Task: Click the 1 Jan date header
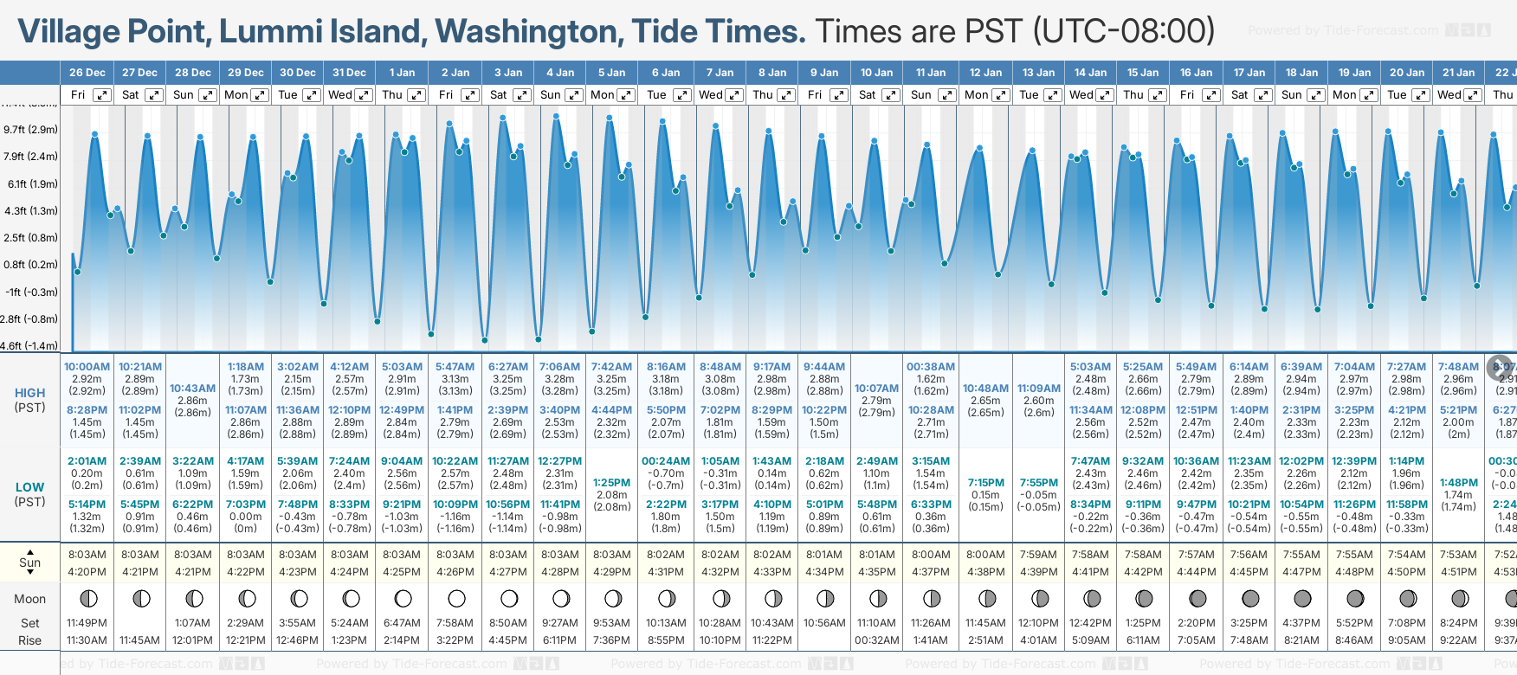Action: coord(402,73)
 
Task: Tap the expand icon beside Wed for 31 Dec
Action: coord(364,95)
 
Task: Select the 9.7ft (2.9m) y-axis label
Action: coord(30,130)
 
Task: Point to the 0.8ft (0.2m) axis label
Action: coord(30,265)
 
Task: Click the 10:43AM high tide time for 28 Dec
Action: coord(192,389)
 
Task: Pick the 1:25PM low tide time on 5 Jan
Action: coord(611,483)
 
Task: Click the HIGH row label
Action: coord(29,393)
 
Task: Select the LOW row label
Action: coord(29,487)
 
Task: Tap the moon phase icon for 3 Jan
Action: coord(509,598)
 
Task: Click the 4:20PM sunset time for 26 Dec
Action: coord(87,572)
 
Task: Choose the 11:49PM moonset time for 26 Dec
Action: coord(87,623)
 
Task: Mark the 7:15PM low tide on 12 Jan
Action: coord(985,483)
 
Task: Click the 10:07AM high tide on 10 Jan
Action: coord(876,389)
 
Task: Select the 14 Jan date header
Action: coord(1091,73)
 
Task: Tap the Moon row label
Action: coord(29,599)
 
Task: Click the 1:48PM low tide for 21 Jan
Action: coord(1458,483)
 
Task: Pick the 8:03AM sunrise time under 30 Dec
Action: coord(297,555)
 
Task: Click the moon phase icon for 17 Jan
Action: coord(1250,598)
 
